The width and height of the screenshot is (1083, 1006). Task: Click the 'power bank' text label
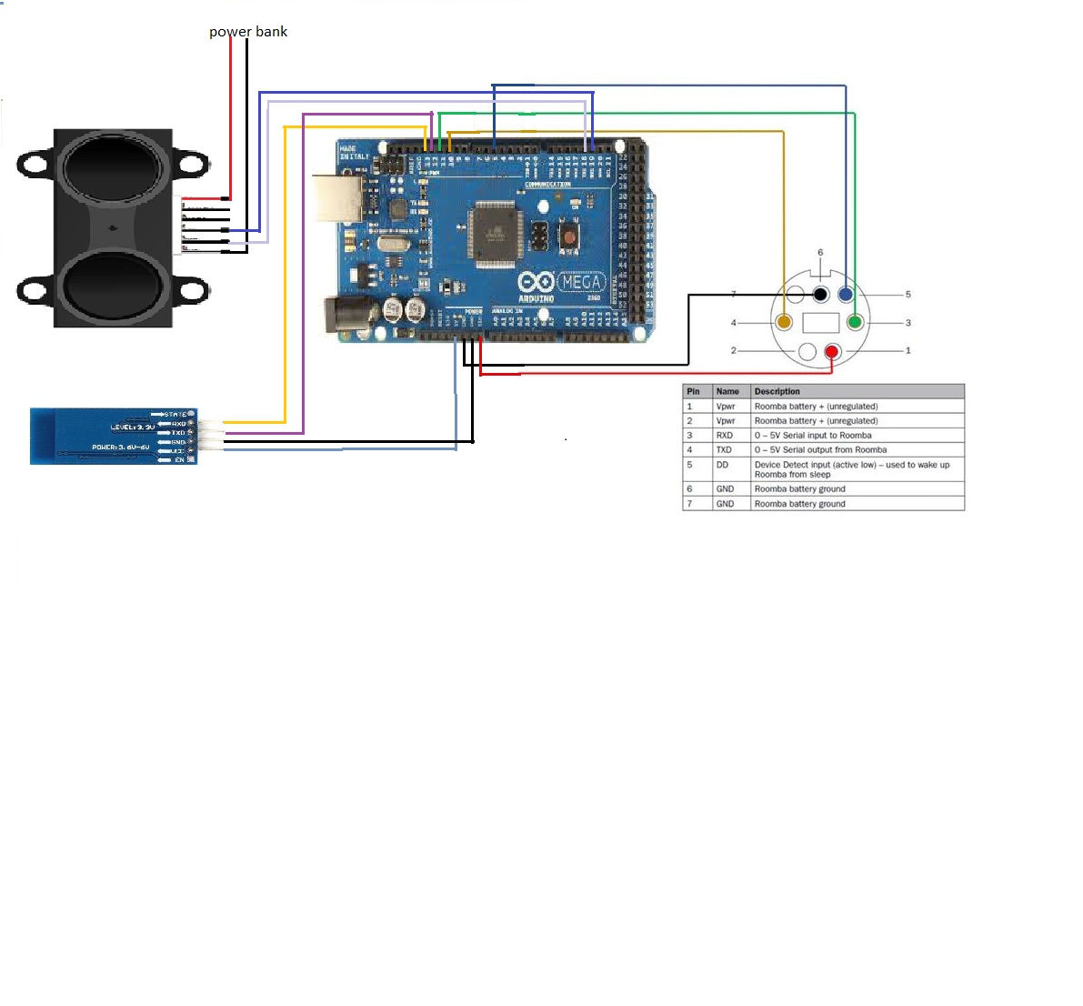247,32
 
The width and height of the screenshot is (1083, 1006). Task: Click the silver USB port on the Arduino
338,197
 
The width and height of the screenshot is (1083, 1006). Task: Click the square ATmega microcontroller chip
496,233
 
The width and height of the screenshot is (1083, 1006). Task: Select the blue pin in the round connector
846,294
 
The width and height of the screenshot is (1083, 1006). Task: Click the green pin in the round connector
855,322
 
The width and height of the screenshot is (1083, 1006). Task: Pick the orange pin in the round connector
784,322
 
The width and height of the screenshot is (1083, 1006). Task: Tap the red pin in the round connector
832,352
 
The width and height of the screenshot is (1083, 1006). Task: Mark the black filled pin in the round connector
820,294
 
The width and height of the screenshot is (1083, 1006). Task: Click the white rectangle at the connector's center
820,322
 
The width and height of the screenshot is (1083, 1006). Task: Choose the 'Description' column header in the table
777,391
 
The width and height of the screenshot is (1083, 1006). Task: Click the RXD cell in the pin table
725,435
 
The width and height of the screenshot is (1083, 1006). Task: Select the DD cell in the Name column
722,465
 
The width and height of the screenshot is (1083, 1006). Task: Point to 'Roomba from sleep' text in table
792,475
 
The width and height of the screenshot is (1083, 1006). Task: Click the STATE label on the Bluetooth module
175,415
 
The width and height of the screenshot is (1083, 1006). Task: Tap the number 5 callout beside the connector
908,295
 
